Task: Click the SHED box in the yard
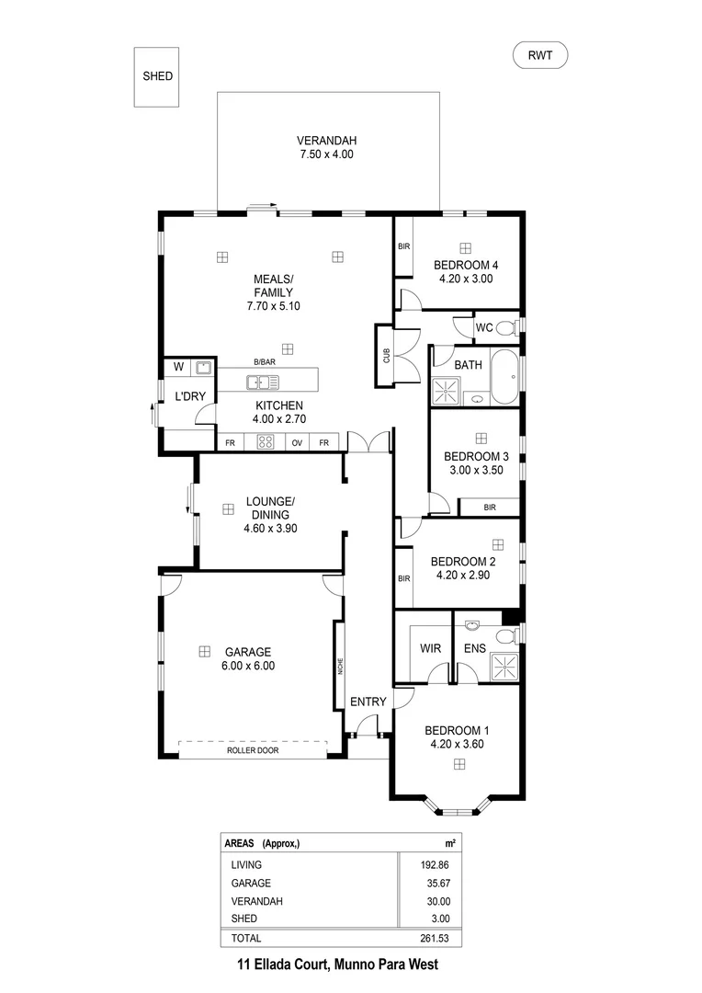coord(157,76)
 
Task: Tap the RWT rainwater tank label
coord(540,56)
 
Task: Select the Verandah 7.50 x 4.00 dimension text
coord(326,154)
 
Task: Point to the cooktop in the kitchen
coord(266,442)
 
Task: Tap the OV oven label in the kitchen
coord(298,442)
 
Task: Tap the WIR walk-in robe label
coord(431,648)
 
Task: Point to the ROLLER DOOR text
coord(253,750)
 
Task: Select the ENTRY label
coord(368,702)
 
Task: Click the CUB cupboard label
coord(387,356)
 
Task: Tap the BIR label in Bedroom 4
coord(403,246)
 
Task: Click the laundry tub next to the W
coord(203,368)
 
